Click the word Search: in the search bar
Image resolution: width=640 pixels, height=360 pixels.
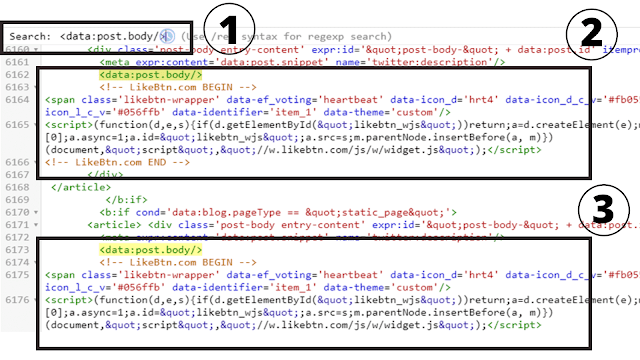pos(29,37)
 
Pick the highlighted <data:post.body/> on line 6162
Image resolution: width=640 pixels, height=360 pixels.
pos(150,74)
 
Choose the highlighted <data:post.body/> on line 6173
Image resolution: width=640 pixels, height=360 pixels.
pos(150,249)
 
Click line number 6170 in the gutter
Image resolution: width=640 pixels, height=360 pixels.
pos(17,212)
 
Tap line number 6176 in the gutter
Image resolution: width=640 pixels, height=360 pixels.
pos(17,298)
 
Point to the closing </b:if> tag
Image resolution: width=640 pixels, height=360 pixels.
pos(124,199)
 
